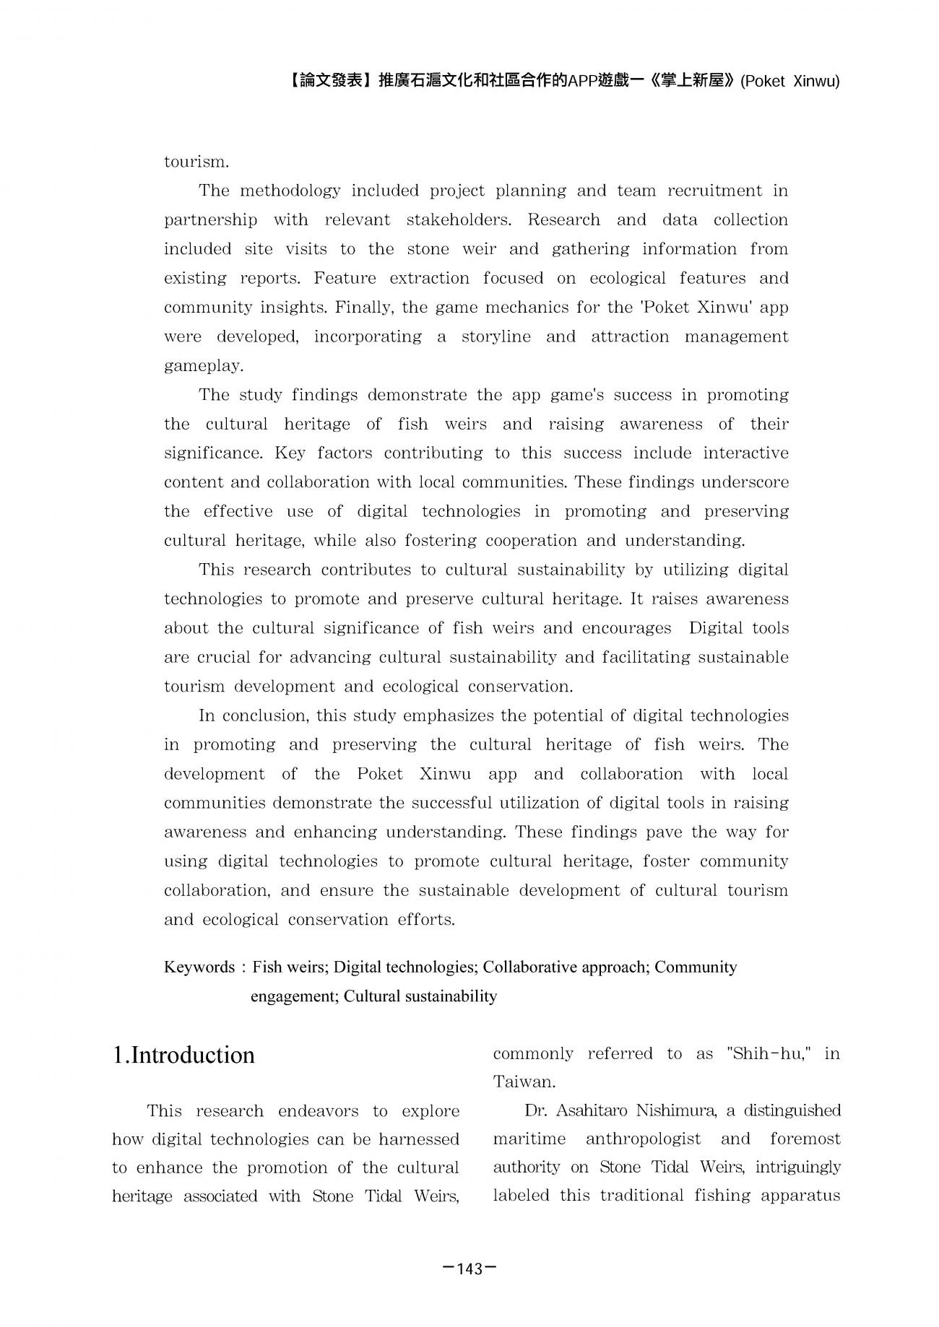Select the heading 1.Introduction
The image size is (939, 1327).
(183, 1055)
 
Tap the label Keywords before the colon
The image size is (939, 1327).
(199, 967)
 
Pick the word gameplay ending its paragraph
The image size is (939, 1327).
(202, 366)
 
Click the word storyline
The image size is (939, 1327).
(496, 336)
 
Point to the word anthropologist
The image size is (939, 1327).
(643, 1139)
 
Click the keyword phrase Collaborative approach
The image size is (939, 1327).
(566, 967)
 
